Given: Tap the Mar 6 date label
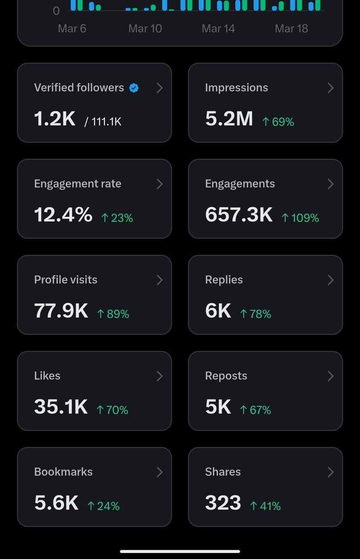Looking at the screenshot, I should pos(72,28).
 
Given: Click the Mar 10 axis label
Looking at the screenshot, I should pos(145,28).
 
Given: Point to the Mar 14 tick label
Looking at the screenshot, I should pos(218,28).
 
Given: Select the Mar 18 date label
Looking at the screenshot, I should pos(291,28).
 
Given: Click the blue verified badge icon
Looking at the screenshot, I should pos(134,88).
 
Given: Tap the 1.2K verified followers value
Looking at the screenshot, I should pos(54,119).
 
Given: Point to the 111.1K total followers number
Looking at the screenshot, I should pos(106,122).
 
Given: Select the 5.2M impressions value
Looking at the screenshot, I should pos(229,119).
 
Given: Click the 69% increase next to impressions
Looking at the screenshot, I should pos(278,122).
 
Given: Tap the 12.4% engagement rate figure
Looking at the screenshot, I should pos(63,215).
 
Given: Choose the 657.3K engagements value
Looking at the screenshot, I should pos(238,215).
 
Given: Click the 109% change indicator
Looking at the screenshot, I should pos(300,218).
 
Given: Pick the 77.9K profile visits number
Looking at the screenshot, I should pos(61,311).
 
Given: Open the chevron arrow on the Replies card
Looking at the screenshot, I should pos(330,280).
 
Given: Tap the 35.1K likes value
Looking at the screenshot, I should pos(61,407).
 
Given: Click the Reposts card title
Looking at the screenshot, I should pos(226,375).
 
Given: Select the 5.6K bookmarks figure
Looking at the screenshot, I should pos(56,503).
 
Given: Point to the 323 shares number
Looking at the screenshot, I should pos(223,503).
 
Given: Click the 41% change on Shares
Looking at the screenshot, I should pos(265,505).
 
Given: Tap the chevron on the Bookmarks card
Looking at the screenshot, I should pos(159,472).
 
